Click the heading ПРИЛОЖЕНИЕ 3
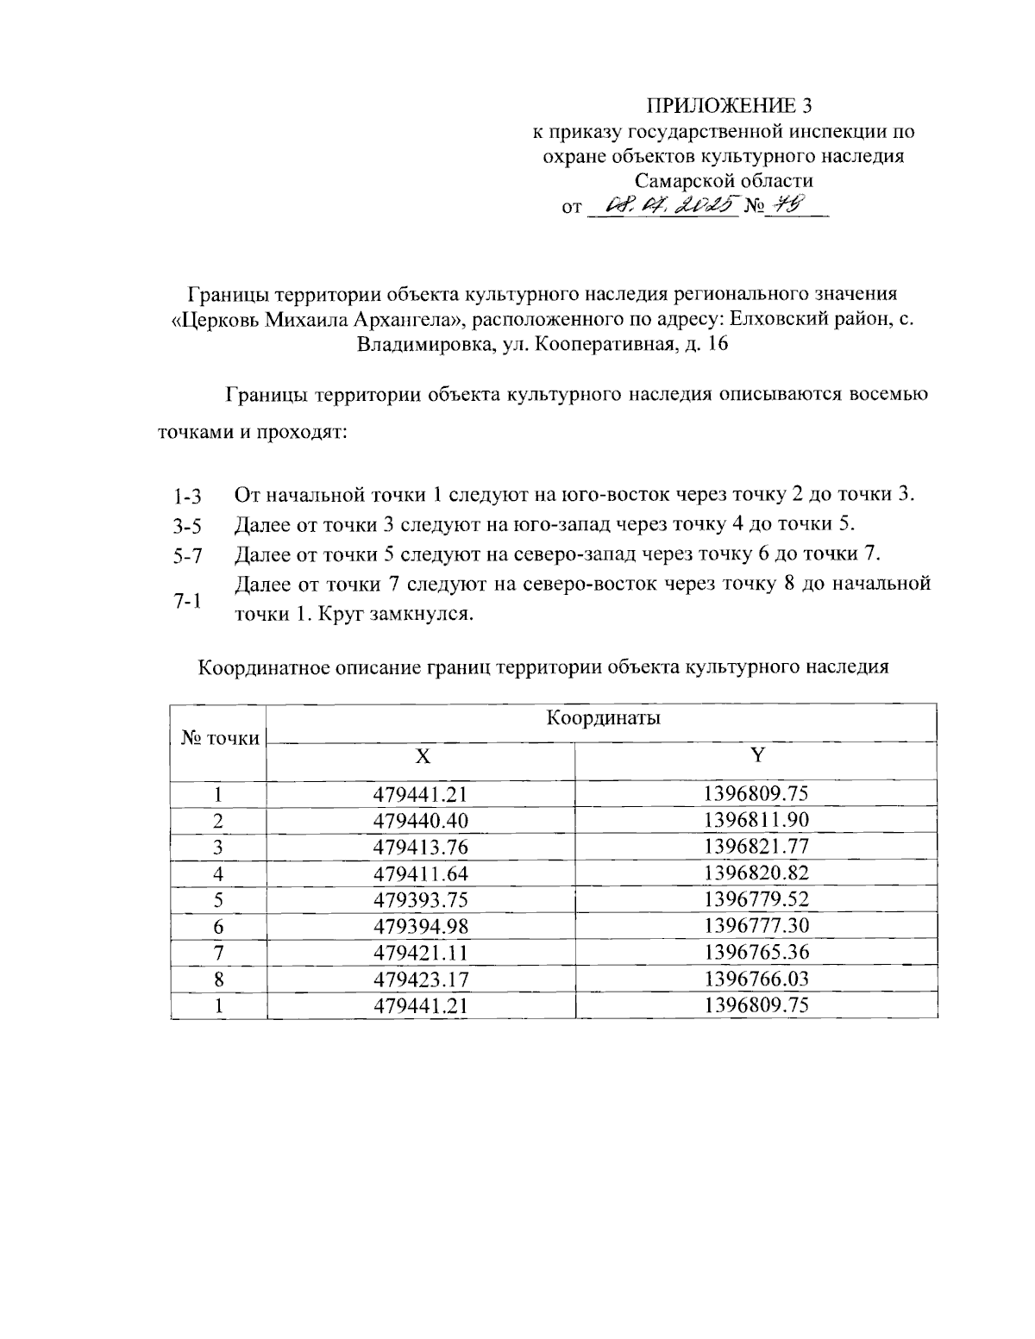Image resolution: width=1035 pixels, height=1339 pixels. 730,106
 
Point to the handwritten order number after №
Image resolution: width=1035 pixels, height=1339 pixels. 787,204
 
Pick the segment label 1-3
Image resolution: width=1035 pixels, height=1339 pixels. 186,497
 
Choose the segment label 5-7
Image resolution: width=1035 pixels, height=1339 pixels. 186,556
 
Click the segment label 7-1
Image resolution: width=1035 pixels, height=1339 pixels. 186,601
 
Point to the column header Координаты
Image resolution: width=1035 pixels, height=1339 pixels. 603,718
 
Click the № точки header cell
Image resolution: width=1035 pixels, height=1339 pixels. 220,738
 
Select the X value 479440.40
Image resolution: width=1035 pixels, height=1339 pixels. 421,820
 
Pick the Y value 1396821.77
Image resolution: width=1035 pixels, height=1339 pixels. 756,846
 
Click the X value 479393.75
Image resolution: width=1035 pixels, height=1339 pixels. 421,899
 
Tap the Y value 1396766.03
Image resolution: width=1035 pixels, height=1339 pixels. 756,979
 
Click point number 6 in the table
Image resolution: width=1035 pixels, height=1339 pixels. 219,926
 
